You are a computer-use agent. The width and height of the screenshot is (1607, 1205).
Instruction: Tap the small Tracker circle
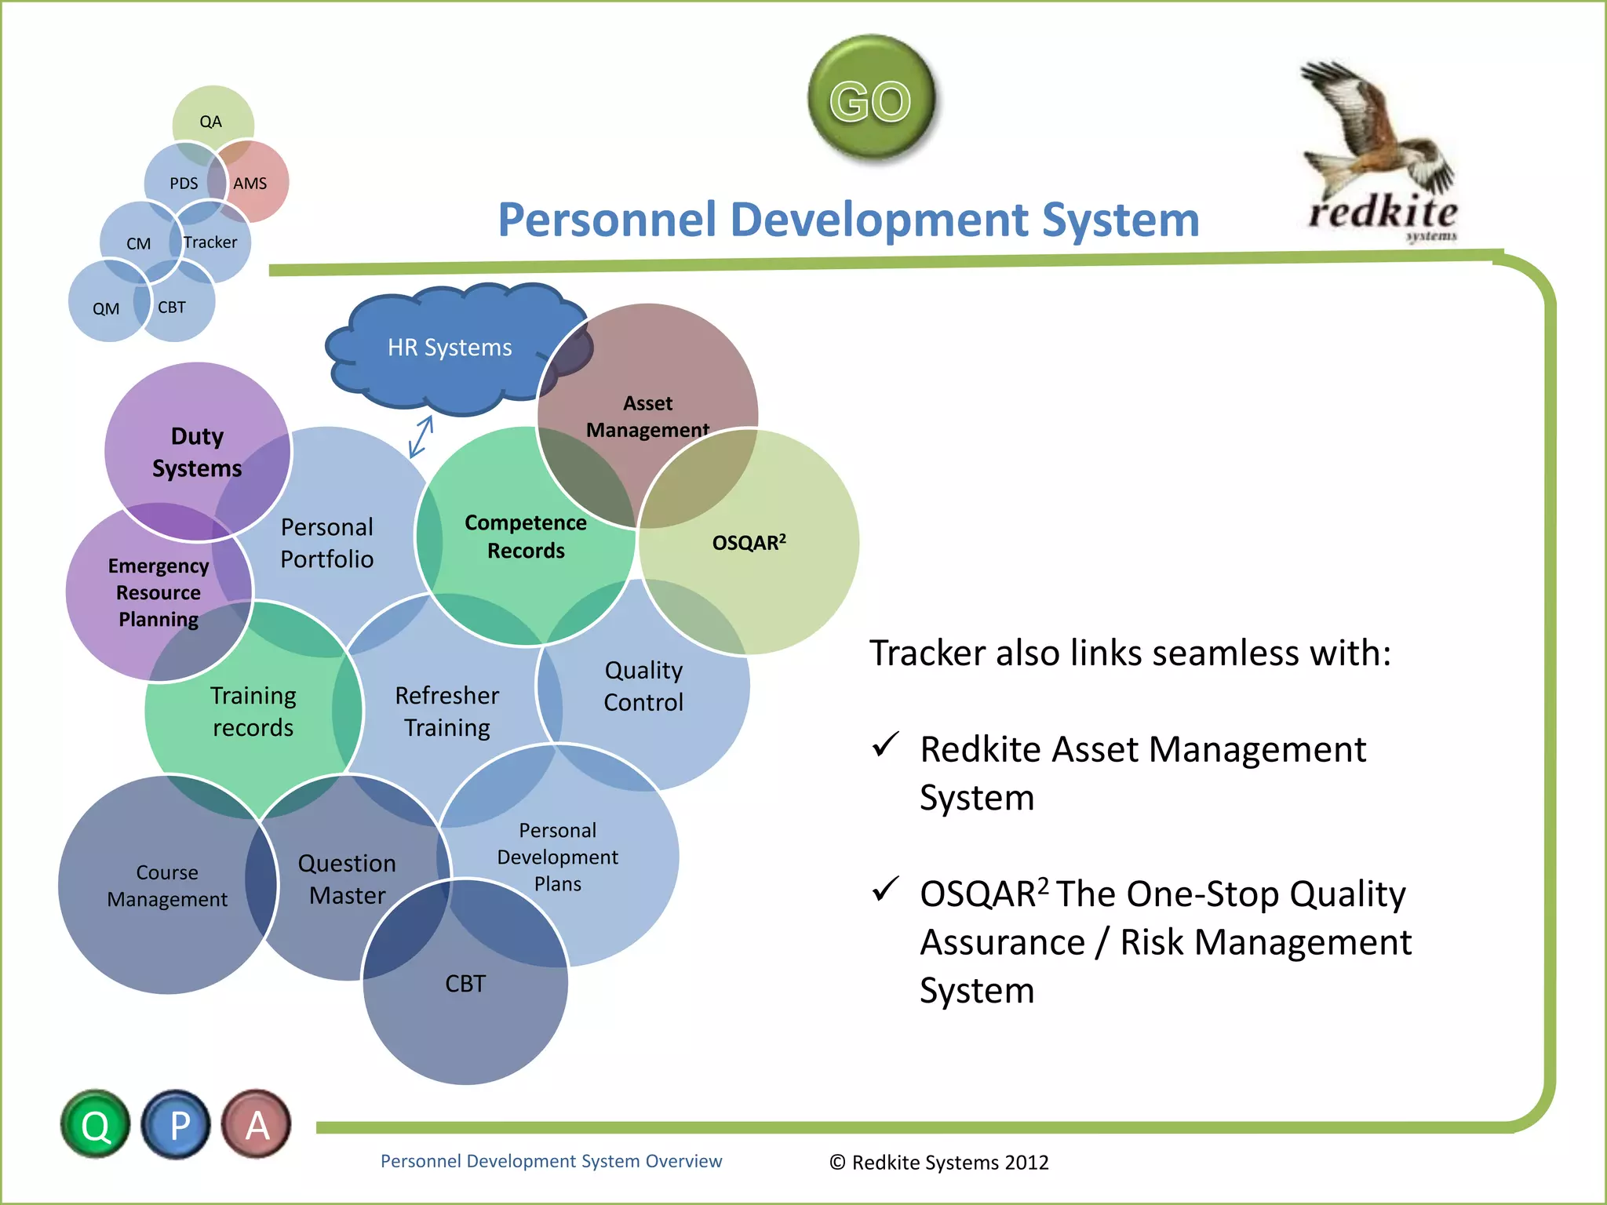point(210,242)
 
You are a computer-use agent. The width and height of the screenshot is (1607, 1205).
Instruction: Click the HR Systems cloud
point(449,348)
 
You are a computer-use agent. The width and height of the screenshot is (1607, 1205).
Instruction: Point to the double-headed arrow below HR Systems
point(421,437)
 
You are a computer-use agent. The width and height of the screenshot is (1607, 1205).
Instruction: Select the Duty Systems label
point(197,452)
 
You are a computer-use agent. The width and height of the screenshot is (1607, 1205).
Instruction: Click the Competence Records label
point(525,537)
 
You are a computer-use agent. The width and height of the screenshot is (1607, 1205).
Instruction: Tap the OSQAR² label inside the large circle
point(749,542)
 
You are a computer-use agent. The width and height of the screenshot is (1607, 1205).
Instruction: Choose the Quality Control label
point(643,686)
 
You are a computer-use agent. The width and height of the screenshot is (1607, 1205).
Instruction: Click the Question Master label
point(347,879)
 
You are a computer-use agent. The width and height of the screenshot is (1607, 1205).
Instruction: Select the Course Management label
point(167,886)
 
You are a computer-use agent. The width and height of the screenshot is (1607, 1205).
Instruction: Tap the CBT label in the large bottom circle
point(465,983)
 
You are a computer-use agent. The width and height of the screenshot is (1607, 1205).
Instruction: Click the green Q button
point(96,1125)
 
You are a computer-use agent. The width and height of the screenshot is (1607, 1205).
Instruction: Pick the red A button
point(257,1125)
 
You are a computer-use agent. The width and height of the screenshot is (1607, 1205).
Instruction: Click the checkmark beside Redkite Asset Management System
point(885,744)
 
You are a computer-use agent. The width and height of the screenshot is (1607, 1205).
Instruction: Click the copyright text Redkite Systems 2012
point(939,1162)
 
